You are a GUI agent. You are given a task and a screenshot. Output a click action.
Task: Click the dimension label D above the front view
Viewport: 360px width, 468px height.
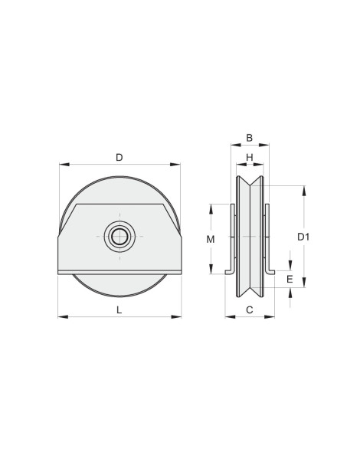pos(119,157)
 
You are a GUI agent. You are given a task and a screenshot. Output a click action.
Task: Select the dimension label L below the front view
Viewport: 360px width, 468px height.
pos(119,309)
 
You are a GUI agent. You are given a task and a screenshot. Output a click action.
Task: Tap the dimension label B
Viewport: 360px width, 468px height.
pos(249,138)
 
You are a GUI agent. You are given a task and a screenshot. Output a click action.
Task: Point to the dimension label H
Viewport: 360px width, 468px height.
pos(249,157)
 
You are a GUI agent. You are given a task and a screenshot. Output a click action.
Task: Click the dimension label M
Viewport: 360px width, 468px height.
pos(211,240)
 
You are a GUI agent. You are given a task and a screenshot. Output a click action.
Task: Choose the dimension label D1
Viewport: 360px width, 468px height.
pos(304,237)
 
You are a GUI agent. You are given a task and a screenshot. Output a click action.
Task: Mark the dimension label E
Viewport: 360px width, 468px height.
pos(290,280)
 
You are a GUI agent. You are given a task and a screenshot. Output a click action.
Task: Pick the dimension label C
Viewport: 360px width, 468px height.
pos(249,309)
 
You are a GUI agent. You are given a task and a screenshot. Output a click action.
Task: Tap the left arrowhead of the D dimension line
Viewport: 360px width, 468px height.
pos(62,164)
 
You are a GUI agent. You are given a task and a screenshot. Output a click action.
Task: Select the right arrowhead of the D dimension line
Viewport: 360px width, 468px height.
pos(178,164)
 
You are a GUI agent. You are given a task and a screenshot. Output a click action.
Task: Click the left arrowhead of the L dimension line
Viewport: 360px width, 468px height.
pos(62,316)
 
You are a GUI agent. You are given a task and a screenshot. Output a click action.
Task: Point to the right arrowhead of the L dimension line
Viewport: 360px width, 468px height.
pos(178,316)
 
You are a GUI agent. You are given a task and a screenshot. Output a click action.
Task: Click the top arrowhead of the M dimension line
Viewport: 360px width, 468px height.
pos(211,206)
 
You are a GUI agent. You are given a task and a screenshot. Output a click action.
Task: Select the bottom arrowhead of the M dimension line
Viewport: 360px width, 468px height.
pos(211,271)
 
